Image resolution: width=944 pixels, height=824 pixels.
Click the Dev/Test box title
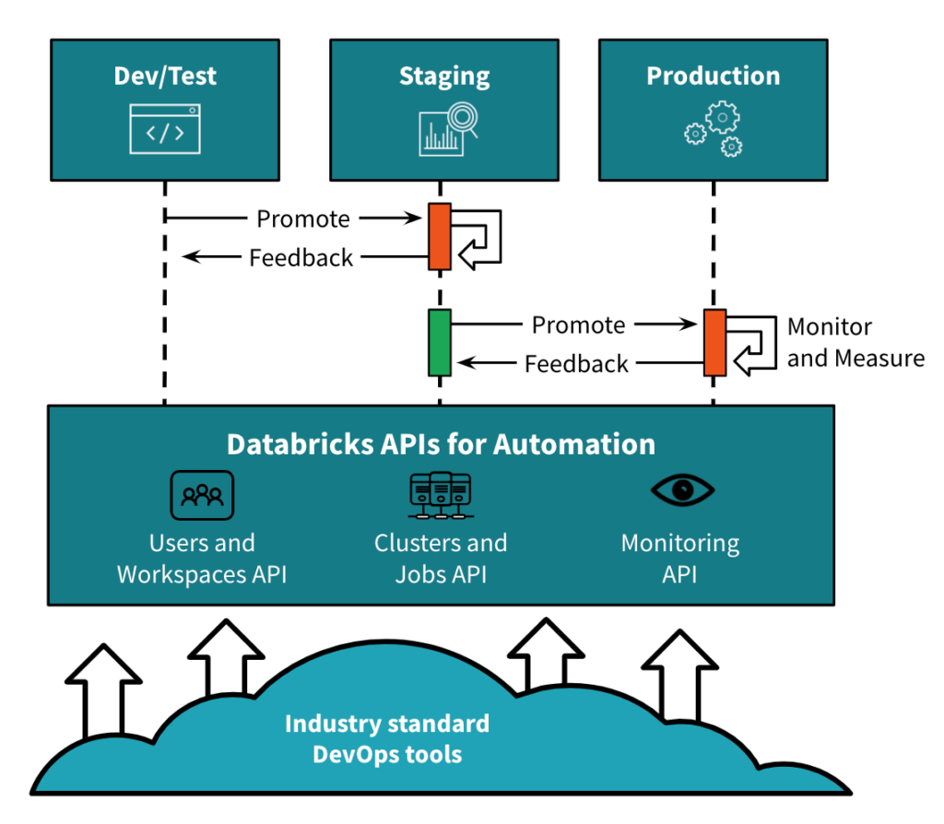pyautogui.click(x=165, y=76)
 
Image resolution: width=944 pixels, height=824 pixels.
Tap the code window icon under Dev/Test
pyautogui.click(x=165, y=128)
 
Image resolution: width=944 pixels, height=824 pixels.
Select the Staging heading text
pyautogui.click(x=444, y=76)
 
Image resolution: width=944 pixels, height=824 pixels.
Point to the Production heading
pyautogui.click(x=714, y=76)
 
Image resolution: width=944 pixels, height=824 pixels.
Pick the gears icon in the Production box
pyautogui.click(x=714, y=130)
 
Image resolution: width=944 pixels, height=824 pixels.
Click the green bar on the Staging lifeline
pyautogui.click(x=440, y=343)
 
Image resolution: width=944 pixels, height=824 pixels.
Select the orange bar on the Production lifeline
pyautogui.click(x=714, y=343)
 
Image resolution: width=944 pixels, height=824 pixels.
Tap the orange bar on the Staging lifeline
pyautogui.click(x=440, y=237)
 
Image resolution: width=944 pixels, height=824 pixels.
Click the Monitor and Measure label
pyautogui.click(x=855, y=342)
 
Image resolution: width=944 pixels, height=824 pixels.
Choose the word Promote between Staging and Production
pyautogui.click(x=578, y=325)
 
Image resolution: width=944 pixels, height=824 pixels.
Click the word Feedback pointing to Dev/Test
pyautogui.click(x=301, y=258)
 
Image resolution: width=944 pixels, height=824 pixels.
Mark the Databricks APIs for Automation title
pyautogui.click(x=441, y=444)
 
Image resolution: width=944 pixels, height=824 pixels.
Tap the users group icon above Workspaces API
pyautogui.click(x=202, y=495)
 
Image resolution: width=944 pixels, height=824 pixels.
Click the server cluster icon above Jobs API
pyautogui.click(x=441, y=495)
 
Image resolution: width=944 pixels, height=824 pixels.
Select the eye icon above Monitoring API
pyautogui.click(x=682, y=490)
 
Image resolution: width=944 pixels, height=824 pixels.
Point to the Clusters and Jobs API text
pyautogui.click(x=441, y=559)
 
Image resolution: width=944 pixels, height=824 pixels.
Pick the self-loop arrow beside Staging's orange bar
pyautogui.click(x=481, y=238)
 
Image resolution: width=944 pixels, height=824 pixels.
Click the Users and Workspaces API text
pyautogui.click(x=202, y=559)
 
